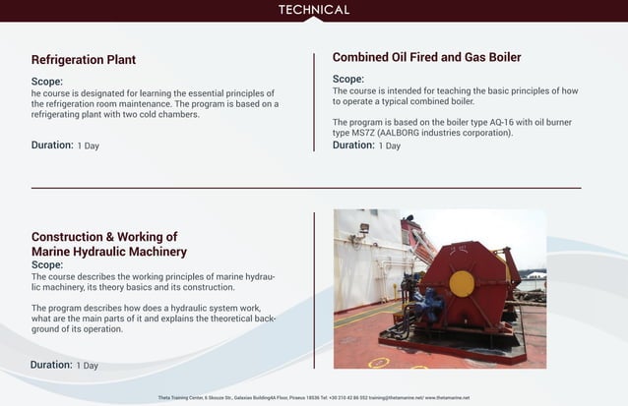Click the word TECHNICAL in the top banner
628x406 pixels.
coord(314,10)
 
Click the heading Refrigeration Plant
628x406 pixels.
coord(83,60)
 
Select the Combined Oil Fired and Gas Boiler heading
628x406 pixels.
coord(426,57)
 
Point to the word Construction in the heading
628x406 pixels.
coord(67,237)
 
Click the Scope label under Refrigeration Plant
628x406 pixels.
coord(47,82)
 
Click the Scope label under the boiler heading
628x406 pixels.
coord(347,79)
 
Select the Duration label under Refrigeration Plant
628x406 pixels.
coord(52,145)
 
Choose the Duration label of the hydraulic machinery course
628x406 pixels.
coord(51,365)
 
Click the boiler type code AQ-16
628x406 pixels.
coord(484,122)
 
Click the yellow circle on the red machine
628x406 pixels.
coord(462,283)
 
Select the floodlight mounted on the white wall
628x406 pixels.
coord(363,228)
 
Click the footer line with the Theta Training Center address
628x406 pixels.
coord(314,397)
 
